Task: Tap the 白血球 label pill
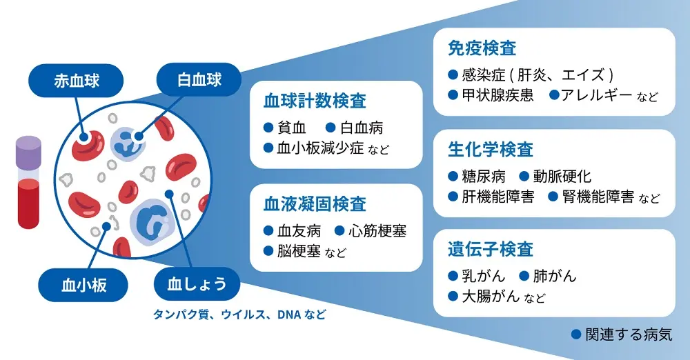[x=199, y=79]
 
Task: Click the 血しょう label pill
[x=197, y=283]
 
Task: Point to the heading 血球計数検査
[x=315, y=101]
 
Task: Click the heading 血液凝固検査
[x=315, y=204]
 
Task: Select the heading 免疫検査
[x=482, y=49]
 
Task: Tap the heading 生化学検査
[x=491, y=150]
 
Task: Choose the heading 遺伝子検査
[x=491, y=249]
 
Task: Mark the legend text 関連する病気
[x=628, y=335]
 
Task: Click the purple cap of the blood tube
[x=30, y=150]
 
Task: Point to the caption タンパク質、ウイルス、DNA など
[x=239, y=314]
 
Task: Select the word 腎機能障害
[x=598, y=197]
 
